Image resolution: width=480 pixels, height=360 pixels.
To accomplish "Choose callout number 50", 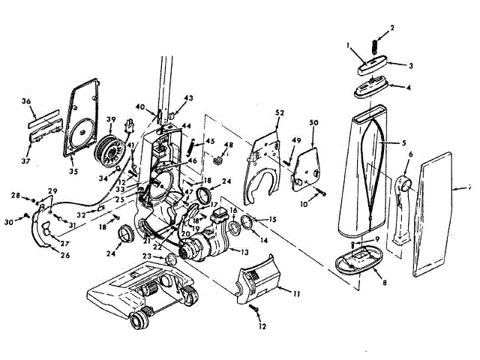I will click(314, 122).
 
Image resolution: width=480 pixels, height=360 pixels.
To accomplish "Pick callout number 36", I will click(25, 101).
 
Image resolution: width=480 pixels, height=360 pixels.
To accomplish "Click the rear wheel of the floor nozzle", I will click(138, 323).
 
